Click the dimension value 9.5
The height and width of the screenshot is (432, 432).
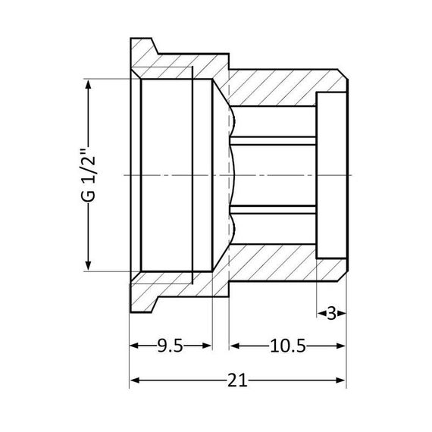click(x=170, y=346)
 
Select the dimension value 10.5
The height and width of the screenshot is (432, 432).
click(x=287, y=346)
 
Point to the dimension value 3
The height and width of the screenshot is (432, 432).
click(x=331, y=312)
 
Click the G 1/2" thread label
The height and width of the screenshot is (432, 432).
click(x=90, y=174)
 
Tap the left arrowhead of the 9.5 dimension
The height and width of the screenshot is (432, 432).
click(x=135, y=346)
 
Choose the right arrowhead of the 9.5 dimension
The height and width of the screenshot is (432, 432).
click(x=206, y=346)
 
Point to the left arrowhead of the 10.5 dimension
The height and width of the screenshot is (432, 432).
click(x=235, y=346)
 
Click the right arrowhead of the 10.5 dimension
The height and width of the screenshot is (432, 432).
click(x=341, y=346)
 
